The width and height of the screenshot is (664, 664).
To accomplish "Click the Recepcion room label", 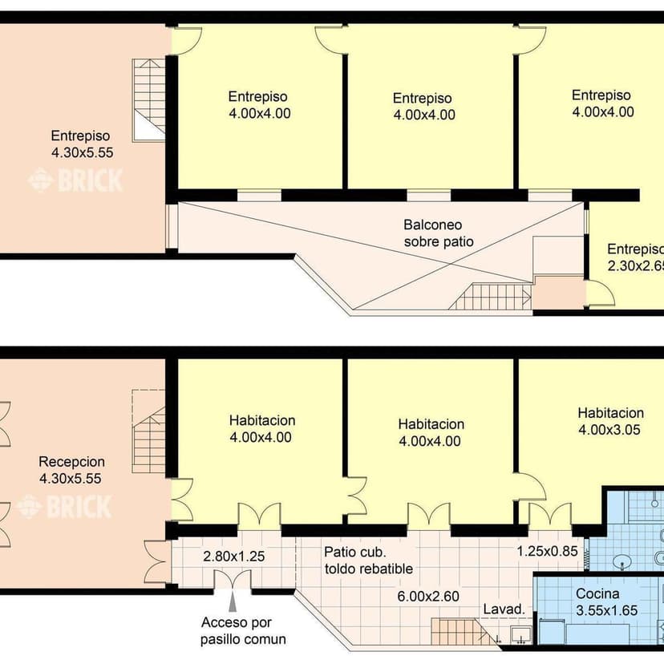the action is pos(71,461).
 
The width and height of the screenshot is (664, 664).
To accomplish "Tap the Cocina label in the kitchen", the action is pos(597,593).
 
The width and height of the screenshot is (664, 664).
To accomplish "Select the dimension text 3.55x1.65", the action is pos(606,610).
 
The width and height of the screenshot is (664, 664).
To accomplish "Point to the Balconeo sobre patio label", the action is pos(439,233).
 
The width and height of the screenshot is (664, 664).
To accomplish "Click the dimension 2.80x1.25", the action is pos(233,556).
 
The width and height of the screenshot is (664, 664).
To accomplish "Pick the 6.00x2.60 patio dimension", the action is pos(428,597).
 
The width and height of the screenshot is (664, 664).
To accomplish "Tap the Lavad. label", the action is pos(504,609).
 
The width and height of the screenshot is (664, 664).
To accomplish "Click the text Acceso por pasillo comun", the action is pos(243,630).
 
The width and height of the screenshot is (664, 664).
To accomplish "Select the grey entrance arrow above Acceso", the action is pos(233,601).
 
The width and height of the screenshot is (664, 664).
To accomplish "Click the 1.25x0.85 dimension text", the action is pos(547,552).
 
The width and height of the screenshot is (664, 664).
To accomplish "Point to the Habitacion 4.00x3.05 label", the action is pos(610,421).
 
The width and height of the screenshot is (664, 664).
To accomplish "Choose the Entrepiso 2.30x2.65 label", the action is pos(635,257).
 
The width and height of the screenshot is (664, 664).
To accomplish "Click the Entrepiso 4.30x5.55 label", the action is pos(82,144).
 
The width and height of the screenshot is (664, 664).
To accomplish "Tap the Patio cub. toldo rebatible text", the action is pos(368,560).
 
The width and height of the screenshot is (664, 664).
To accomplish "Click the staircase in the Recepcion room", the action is pos(148,431).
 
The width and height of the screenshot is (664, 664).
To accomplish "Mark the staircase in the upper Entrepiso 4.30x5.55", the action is pos(148,100).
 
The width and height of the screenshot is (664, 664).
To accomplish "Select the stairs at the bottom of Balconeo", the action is pos(490,297).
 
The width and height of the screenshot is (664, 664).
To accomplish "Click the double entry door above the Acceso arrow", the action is pos(233,579).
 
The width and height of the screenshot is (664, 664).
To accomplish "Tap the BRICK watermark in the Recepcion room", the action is pos(63,507).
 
